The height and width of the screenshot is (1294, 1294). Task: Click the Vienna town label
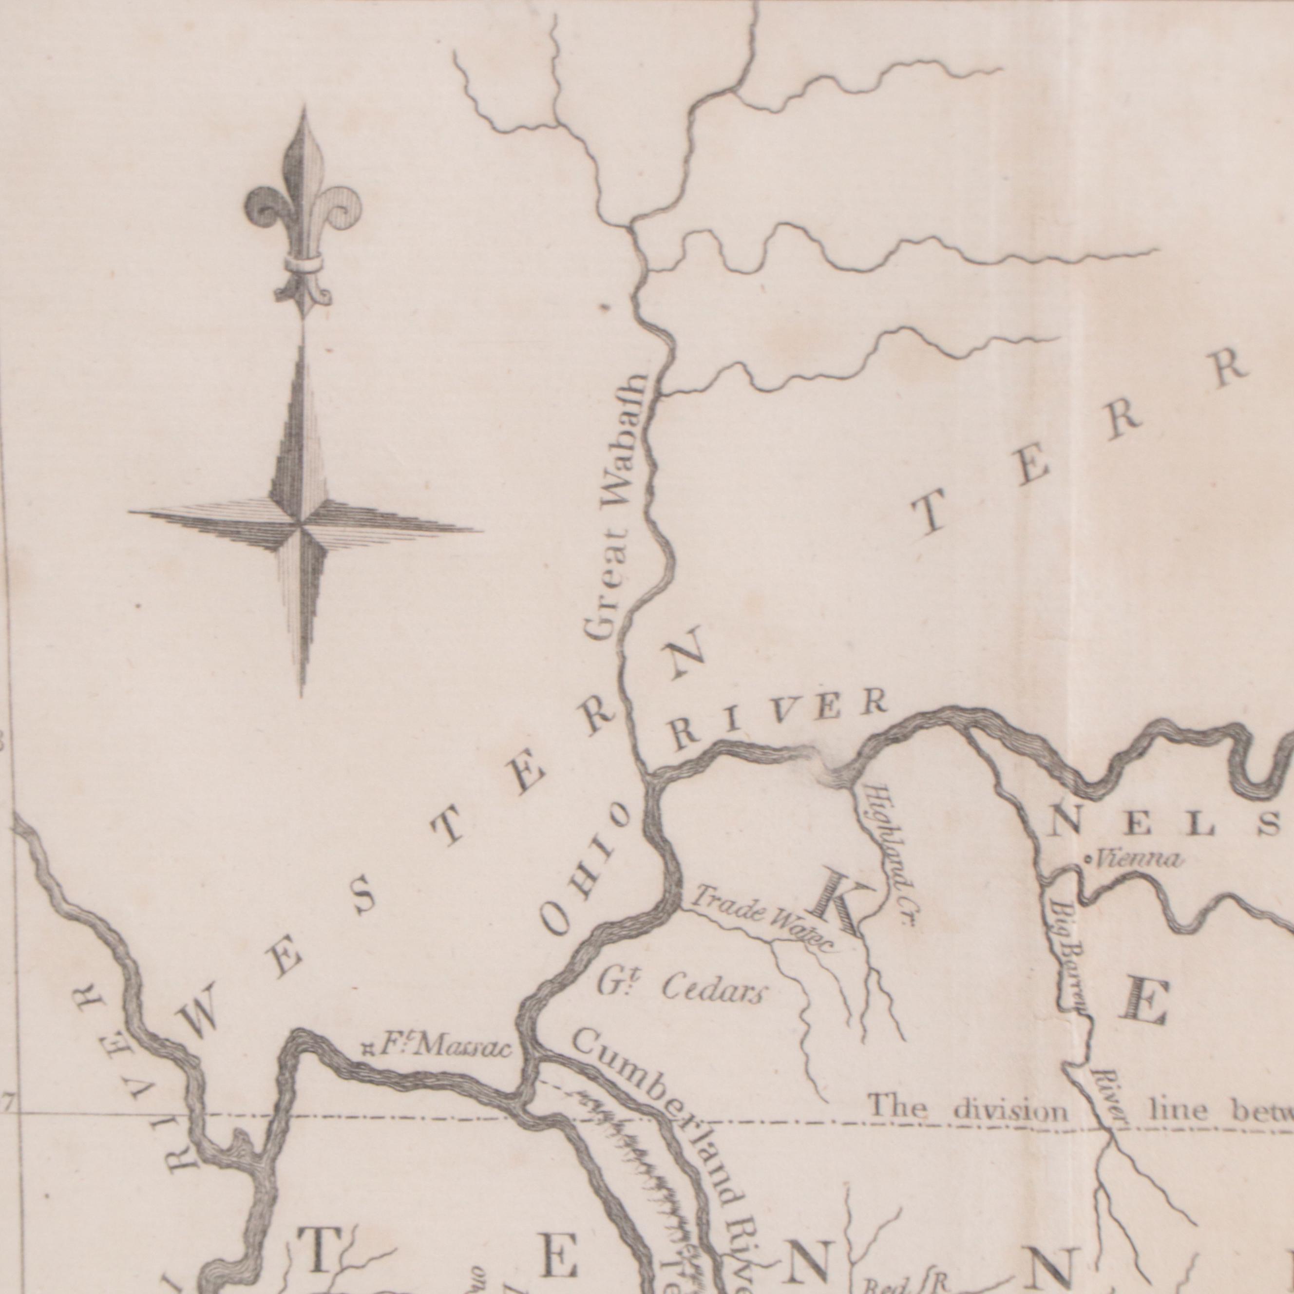coord(1139,858)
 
